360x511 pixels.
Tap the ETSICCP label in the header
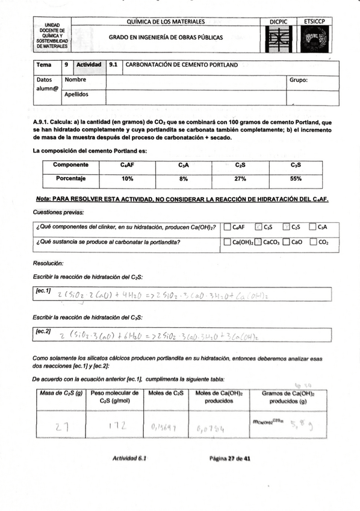click(314, 22)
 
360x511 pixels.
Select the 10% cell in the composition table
click(127, 178)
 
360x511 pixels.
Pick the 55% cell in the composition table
click(296, 178)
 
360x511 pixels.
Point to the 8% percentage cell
click(183, 178)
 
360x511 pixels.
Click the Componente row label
click(71, 165)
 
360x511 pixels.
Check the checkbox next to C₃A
click(312, 227)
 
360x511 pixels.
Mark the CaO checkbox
click(287, 242)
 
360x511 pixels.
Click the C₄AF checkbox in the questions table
click(227, 227)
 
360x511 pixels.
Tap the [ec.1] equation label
click(43, 291)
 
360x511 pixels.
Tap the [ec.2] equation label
click(43, 331)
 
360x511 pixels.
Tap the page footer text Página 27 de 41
click(230, 458)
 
